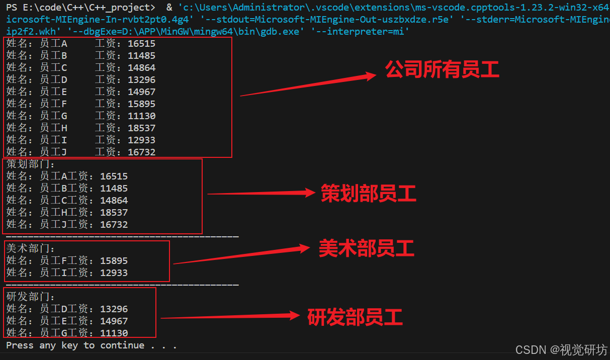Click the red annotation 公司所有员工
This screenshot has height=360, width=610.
click(x=442, y=70)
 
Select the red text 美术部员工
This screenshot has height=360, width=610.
click(x=366, y=248)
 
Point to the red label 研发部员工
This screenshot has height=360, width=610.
click(x=355, y=317)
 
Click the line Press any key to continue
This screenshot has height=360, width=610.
click(x=91, y=345)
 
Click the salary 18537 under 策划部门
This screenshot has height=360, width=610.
click(x=114, y=213)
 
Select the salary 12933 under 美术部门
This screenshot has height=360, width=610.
click(x=114, y=273)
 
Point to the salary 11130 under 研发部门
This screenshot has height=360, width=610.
click(x=114, y=333)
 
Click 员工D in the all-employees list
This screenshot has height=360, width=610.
click(x=53, y=80)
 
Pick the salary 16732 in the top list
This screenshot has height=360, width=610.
click(x=141, y=152)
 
